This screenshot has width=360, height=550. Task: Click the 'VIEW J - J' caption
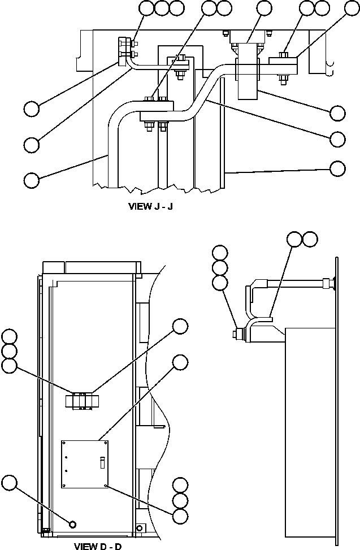[151, 206]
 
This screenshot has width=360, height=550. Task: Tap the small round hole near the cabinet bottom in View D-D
[72, 525]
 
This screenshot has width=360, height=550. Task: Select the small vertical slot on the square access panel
[102, 462]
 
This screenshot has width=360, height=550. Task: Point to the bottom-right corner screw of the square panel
[107, 484]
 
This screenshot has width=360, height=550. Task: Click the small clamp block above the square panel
[83, 401]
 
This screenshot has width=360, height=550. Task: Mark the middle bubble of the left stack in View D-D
[9, 352]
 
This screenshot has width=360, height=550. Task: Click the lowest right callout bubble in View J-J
[337, 168]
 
